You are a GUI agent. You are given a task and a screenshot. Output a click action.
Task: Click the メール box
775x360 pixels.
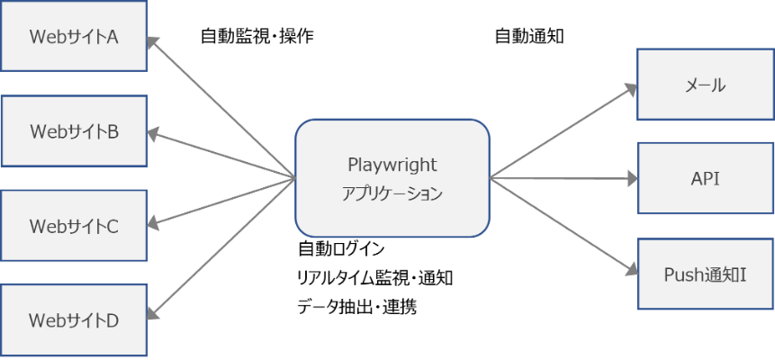point(705,85)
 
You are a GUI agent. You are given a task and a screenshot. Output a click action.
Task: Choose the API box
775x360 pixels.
point(705,178)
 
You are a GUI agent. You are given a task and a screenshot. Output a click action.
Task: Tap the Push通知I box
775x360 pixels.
point(705,274)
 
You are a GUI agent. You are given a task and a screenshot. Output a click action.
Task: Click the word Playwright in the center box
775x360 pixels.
point(392,165)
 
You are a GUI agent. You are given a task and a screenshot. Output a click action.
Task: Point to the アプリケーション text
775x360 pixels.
point(392,193)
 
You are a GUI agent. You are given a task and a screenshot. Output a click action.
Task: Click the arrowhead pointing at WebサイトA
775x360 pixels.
point(153,41)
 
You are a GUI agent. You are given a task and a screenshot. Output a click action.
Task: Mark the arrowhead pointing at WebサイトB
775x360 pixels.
point(153,135)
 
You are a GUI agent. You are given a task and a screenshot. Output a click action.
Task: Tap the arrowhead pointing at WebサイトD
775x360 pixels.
point(153,314)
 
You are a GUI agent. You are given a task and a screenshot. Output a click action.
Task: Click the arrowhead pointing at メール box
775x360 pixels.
point(631,87)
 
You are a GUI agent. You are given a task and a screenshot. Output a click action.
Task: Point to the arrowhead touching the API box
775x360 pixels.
point(631,178)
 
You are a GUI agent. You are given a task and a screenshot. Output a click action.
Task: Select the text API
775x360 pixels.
point(705,178)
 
